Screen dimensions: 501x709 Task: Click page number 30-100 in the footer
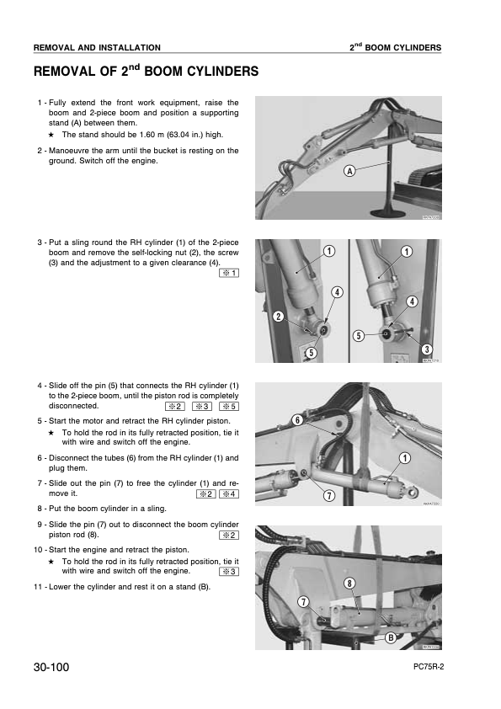tap(51, 667)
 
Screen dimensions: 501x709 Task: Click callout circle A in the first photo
tap(349, 171)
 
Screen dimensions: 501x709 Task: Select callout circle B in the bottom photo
tap(390, 637)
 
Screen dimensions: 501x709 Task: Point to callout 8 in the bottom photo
tap(349, 584)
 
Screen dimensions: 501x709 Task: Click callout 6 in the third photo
tap(297, 420)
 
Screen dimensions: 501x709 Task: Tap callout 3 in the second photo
tap(426, 349)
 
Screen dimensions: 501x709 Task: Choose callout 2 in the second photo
tap(279, 317)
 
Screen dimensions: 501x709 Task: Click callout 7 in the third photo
tap(329, 496)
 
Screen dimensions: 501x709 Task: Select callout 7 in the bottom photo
tap(303, 602)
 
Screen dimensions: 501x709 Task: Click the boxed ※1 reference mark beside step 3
tap(229, 273)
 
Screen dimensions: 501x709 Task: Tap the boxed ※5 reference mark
tap(229, 407)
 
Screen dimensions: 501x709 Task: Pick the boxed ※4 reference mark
tap(229, 493)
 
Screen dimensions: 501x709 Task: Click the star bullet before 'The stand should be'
tap(51, 135)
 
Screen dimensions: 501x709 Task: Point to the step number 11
tap(38, 587)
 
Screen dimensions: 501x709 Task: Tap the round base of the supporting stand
tap(388, 213)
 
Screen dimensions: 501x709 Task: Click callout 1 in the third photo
tap(405, 458)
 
